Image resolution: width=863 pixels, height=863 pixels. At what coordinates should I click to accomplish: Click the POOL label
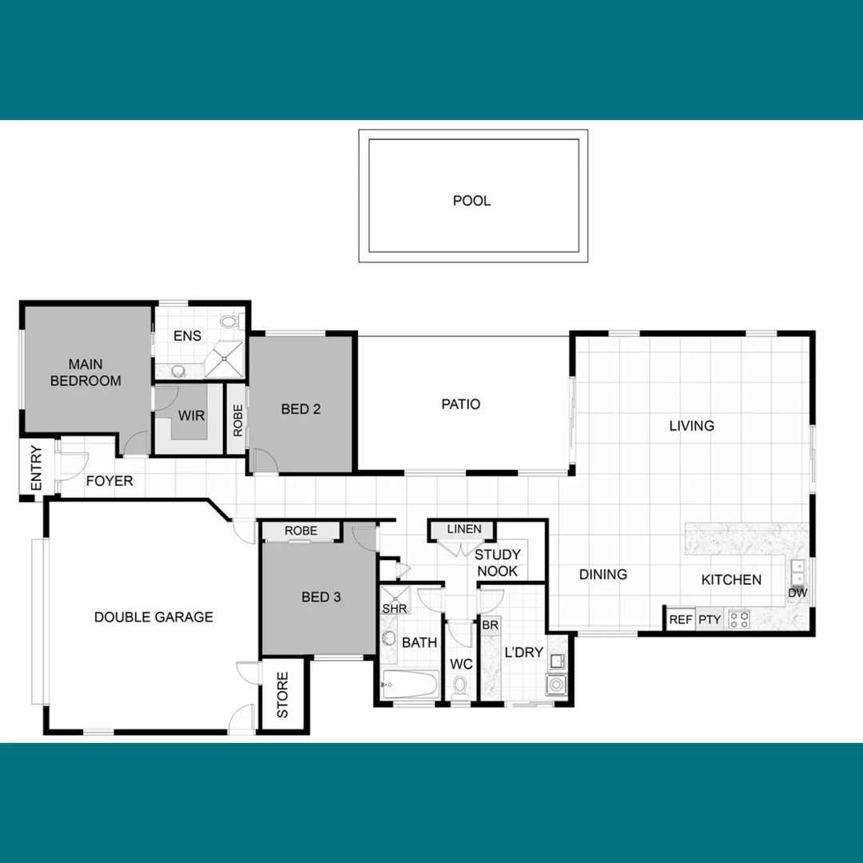(471, 201)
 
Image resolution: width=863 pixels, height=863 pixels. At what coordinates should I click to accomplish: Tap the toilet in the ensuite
(230, 322)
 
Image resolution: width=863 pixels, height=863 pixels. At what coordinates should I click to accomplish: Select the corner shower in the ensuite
(224, 357)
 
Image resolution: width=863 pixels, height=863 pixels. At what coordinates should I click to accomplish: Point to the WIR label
(191, 416)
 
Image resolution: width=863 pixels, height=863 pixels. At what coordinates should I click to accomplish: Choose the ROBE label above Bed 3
(300, 531)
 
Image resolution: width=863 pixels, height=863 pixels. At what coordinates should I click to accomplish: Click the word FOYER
(109, 481)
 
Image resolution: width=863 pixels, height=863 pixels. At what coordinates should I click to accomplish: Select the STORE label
(283, 694)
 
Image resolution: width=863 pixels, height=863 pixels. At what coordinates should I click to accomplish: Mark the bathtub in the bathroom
(410, 684)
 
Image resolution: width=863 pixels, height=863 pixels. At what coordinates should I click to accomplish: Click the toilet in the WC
(460, 687)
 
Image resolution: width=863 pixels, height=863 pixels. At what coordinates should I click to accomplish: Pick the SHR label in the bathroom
(395, 608)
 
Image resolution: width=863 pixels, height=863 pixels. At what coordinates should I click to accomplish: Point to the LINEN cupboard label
(464, 529)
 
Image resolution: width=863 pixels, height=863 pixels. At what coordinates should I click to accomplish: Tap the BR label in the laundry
(490, 625)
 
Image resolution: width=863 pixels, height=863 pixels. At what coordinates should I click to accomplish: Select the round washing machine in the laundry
(555, 684)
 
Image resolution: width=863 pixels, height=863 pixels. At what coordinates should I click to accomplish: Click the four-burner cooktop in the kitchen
(738, 618)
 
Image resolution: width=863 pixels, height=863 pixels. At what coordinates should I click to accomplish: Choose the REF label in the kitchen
(681, 619)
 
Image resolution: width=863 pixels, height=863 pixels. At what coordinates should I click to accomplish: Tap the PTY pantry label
(709, 619)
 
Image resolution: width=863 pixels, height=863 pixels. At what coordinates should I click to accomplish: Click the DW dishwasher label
(797, 593)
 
